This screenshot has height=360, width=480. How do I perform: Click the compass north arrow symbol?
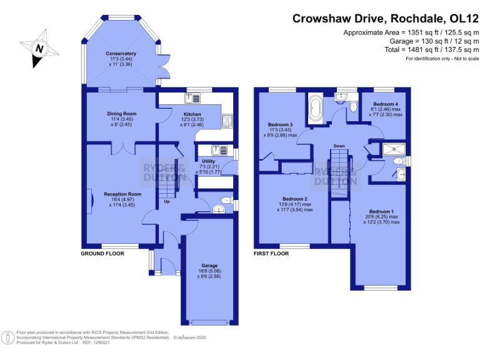(39, 47)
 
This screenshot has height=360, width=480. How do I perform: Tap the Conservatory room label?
(121, 54)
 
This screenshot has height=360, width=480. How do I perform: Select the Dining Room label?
(121, 114)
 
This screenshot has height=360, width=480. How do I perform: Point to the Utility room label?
(208, 161)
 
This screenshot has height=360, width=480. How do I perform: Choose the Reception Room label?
(122, 194)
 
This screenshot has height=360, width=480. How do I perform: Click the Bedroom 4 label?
(385, 104)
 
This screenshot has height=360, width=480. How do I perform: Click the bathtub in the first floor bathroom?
(314, 109)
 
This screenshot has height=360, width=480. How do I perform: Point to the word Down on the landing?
(339, 146)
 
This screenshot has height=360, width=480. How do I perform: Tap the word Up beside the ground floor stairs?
(166, 202)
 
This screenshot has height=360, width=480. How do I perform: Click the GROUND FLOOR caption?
(102, 254)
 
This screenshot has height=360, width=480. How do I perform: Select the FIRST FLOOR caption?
(271, 254)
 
